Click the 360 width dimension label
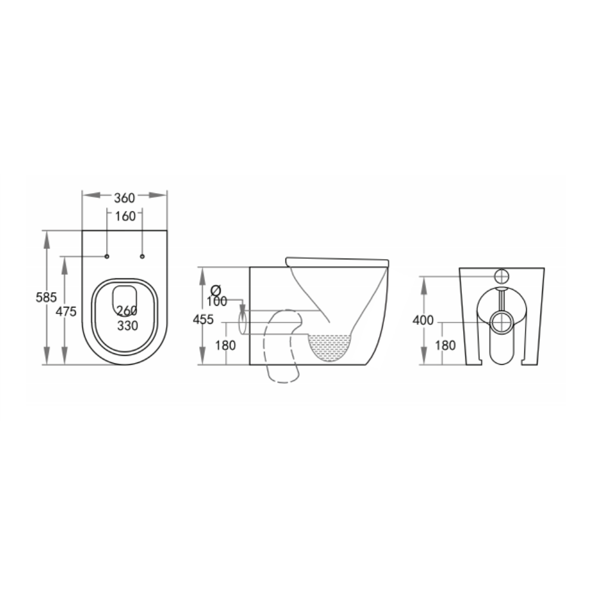[x=125, y=198]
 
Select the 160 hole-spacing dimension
[x=125, y=216]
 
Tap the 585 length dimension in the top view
[x=46, y=297]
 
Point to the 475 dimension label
[x=66, y=312]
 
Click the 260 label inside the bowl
[x=127, y=311]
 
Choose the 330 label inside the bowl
[x=128, y=326]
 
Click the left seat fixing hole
[x=107, y=256]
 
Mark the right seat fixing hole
[x=142, y=256]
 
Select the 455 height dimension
[x=203, y=319]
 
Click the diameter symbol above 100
[x=216, y=291]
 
